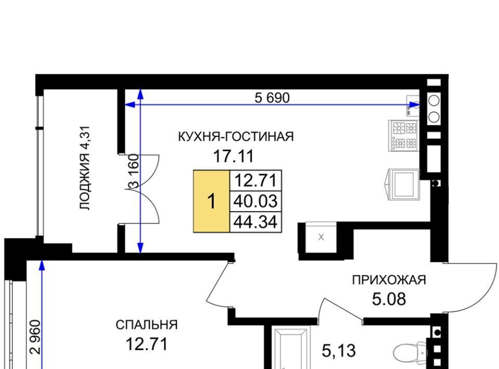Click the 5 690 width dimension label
272,98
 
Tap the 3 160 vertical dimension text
134,171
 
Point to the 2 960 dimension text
35,337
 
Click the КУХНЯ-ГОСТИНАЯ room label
235,137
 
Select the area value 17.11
233,156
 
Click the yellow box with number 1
212,201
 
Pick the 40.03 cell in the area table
256,201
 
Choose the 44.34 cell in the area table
256,222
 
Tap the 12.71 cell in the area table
256,181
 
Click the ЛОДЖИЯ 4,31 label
85,168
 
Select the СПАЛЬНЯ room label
147,325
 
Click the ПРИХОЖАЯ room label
389,280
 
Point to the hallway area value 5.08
389,299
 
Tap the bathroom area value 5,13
338,351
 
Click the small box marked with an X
321,237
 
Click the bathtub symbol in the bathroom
291,349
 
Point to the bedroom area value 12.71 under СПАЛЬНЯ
147,344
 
